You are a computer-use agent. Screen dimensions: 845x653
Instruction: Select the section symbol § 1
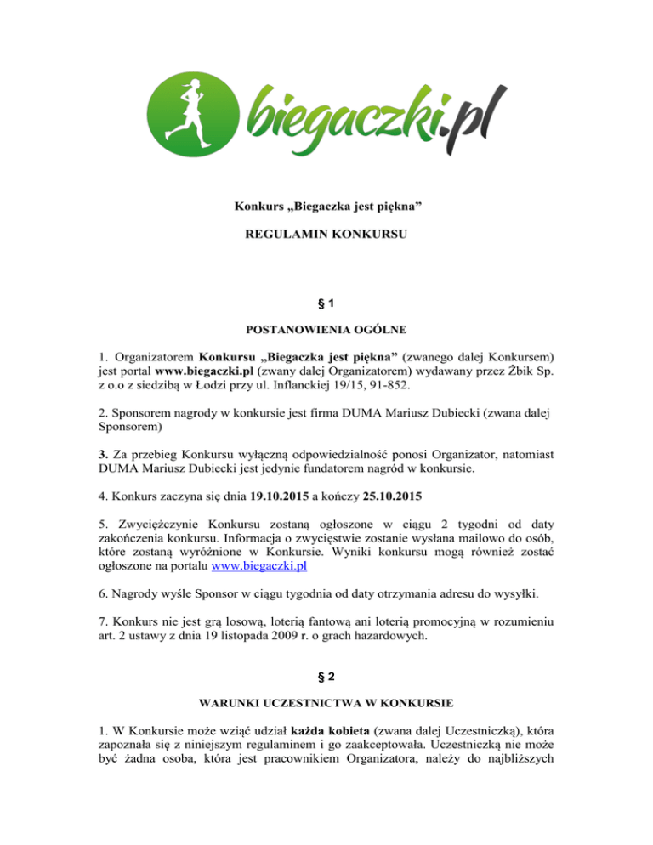coord(326,303)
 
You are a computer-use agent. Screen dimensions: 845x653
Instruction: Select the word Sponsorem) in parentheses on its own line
coord(122,449)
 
